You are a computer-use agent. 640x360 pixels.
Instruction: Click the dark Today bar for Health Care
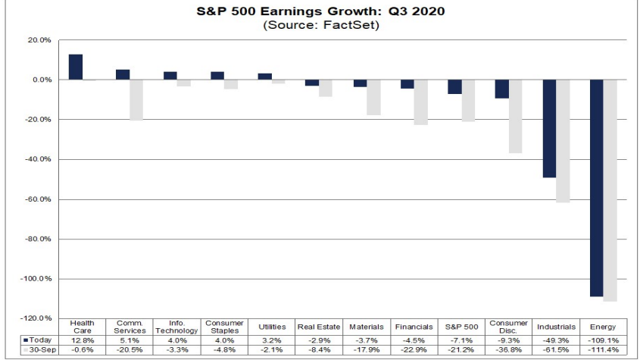76,67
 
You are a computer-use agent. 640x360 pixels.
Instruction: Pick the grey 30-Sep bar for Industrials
563,141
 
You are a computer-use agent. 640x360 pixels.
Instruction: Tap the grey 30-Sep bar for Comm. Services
136,99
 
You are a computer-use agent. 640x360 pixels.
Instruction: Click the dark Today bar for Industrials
549,129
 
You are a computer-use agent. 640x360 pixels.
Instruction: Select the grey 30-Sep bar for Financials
420,102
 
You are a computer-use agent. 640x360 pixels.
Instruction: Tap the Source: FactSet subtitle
320,24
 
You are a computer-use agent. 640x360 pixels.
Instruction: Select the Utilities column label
272,327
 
